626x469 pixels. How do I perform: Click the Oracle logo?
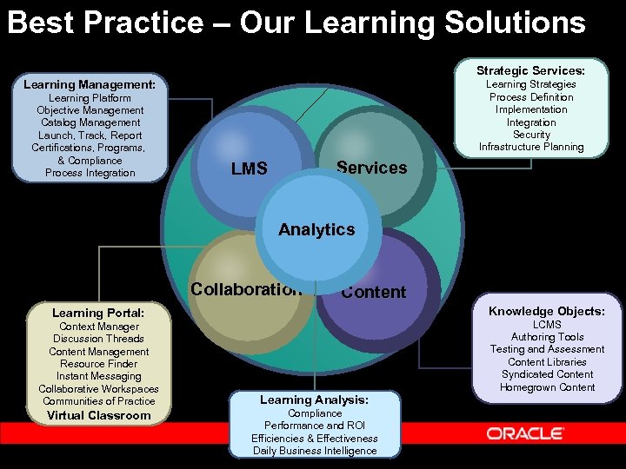525,433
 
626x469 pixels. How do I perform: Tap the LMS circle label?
250,168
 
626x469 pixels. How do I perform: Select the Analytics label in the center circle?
316,229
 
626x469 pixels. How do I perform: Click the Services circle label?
371,168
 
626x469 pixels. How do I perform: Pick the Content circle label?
374,292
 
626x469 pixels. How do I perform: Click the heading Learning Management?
90,85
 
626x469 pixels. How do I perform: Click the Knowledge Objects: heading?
547,311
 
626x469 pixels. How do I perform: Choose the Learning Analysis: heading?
315,400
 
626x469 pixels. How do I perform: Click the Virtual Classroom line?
98,415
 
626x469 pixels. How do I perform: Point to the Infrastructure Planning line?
531,147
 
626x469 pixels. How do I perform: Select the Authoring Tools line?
547,337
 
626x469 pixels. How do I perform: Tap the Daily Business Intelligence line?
315,451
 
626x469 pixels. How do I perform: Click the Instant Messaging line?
98,376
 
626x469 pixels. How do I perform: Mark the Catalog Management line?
90,122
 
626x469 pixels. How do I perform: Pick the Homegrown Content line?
547,387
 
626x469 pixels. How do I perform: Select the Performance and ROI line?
315,426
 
